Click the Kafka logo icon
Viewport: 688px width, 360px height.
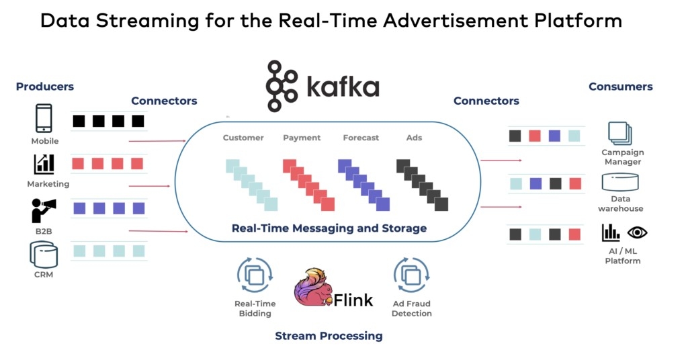click(x=282, y=85)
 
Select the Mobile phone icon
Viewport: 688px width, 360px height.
click(x=44, y=118)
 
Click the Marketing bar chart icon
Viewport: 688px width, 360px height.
click(x=44, y=164)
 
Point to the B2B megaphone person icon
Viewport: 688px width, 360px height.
click(x=44, y=210)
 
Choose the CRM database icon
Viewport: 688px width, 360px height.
click(x=44, y=255)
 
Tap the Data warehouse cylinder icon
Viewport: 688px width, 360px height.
click(x=620, y=181)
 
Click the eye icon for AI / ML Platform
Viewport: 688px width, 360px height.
click(x=637, y=232)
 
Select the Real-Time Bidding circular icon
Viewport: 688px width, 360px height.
click(x=255, y=275)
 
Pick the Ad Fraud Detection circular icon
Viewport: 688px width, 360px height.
click(x=411, y=275)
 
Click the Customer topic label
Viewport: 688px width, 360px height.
click(x=243, y=138)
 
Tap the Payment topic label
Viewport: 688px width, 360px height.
click(x=302, y=138)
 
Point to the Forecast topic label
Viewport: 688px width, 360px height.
click(x=361, y=138)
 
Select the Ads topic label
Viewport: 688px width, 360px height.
click(x=414, y=138)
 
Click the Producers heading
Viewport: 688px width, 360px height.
click(x=45, y=87)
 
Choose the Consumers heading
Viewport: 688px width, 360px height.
click(x=620, y=87)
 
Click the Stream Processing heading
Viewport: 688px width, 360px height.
click(x=329, y=336)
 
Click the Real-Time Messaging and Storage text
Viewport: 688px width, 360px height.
click(x=329, y=228)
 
